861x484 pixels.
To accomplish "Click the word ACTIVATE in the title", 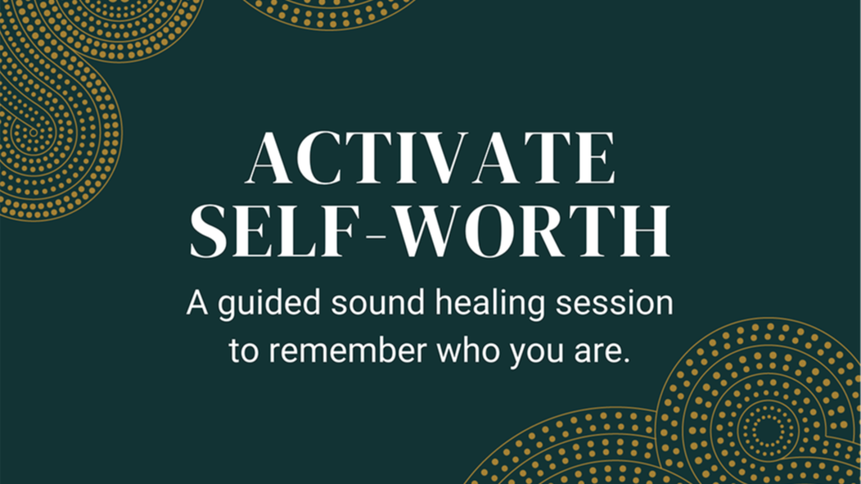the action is point(431,158).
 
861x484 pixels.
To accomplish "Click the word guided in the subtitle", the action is point(269,304).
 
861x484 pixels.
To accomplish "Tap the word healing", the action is point(490,304).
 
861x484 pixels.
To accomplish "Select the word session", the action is point(615,303).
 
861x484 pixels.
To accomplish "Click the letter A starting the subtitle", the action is point(197,303).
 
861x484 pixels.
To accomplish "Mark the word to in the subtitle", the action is point(244,352).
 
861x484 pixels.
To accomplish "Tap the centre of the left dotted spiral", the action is point(34,133).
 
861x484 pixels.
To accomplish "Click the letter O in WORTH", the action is point(489,231).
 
